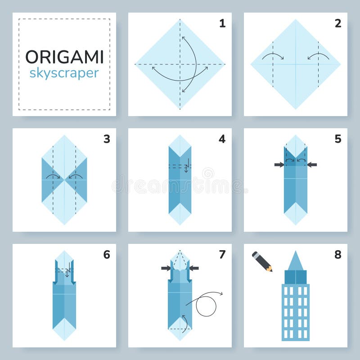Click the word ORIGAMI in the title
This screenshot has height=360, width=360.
tap(64, 57)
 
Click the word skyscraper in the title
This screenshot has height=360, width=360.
tap(64, 73)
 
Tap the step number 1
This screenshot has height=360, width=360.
tap(222, 23)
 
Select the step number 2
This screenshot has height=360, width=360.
tap(337, 23)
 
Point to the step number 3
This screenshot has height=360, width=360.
tap(107, 139)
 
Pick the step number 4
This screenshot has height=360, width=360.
tap(222, 139)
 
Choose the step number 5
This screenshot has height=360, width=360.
tap(337, 139)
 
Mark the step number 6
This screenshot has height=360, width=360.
tap(107, 255)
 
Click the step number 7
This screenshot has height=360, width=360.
tap(222, 255)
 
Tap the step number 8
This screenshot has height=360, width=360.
tap(337, 255)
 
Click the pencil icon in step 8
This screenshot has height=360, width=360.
tap(262, 261)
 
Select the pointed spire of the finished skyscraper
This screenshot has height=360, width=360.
tap(295, 261)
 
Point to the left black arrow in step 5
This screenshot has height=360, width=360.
tap(279, 165)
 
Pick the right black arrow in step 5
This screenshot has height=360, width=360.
tap(312, 165)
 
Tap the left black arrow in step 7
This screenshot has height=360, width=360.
tap(166, 268)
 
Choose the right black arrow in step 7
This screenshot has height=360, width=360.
tap(194, 268)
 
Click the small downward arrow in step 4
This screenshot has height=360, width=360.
tap(186, 168)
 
